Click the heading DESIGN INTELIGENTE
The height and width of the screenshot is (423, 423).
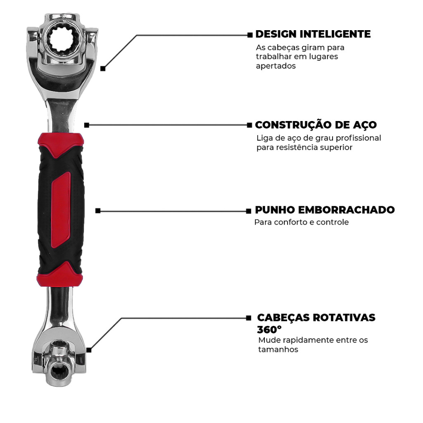[x=313, y=34]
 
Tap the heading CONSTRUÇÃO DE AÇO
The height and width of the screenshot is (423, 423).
[x=316, y=125]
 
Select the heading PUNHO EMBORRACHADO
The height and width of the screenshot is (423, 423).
[x=325, y=210]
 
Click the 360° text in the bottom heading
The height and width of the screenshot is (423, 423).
[x=269, y=329]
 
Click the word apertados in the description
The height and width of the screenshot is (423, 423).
[x=276, y=66]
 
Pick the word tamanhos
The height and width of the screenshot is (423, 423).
[x=278, y=349]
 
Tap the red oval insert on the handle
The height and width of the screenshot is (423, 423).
[x=61, y=210]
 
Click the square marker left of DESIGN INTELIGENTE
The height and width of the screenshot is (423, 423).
[x=250, y=35]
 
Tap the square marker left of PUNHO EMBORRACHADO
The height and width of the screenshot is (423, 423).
[x=248, y=211]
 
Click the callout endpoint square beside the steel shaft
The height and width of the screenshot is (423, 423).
[x=87, y=125]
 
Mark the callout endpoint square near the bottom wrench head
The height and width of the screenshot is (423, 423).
[x=89, y=350]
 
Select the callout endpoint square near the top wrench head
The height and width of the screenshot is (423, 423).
[x=103, y=69]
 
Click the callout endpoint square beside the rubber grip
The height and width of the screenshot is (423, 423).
[x=98, y=211]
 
